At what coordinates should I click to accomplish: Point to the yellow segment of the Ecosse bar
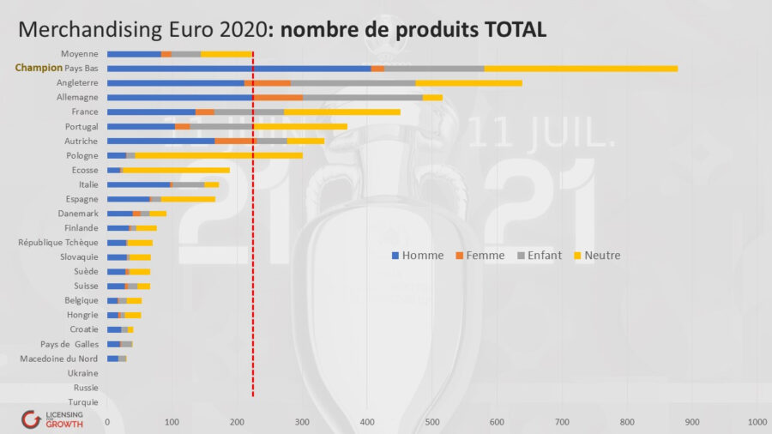point(176,170)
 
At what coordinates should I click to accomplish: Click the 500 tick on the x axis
point(432,422)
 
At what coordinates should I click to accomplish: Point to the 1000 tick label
point(757,422)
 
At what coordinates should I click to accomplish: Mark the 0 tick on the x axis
point(107,422)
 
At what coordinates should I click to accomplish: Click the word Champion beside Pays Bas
point(39,68)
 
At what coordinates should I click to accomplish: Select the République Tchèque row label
point(57,243)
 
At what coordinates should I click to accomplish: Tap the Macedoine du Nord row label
point(58,359)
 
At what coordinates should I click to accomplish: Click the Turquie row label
point(82,401)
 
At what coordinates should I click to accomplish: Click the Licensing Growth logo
point(53,419)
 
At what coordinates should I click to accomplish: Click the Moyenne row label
point(79,54)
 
